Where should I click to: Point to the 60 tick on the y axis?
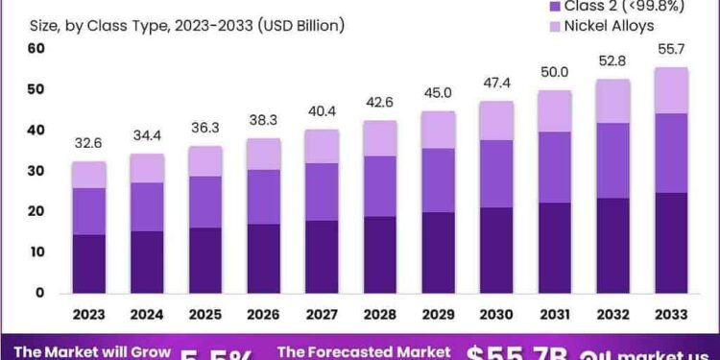(36, 49)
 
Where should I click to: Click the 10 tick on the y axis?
(36, 252)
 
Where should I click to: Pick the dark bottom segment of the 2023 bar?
(88, 263)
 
